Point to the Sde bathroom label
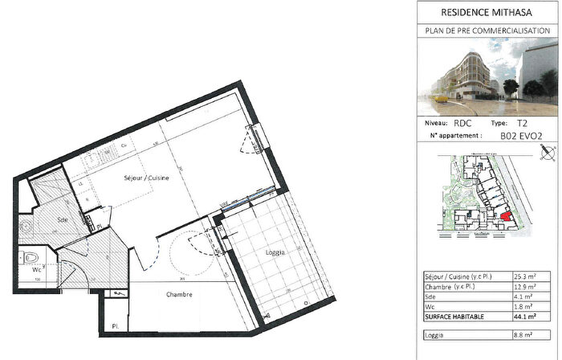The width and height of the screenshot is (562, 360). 63,219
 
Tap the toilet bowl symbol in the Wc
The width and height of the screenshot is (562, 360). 30,258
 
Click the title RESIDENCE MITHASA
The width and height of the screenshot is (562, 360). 489,12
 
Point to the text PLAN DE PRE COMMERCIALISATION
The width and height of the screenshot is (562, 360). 489,31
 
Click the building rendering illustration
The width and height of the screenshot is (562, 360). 489,77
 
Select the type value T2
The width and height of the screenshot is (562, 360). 522,125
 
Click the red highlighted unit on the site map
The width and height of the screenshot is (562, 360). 506,216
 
